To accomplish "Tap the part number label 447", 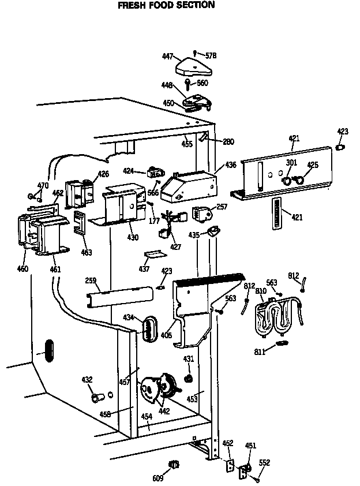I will (168, 57).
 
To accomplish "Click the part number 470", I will (43, 185).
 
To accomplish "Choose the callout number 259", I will (89, 282).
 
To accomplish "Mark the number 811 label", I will (259, 351).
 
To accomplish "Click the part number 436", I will (231, 165).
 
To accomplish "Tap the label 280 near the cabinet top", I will (228, 141).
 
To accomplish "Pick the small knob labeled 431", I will (187, 379).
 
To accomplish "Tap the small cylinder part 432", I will (96, 398).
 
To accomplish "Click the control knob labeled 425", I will (299, 180).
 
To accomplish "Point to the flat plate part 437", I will (154, 254).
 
